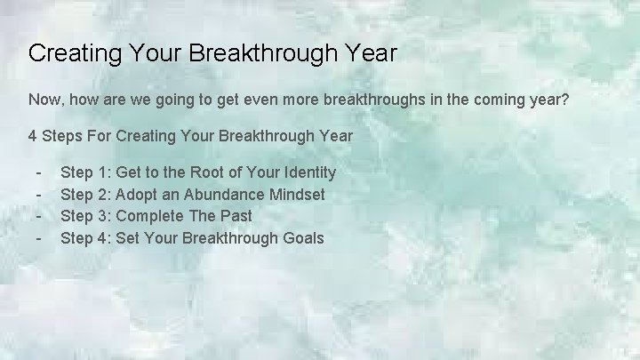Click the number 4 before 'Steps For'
33,137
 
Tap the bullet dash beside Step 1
39,172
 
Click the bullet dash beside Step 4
39,238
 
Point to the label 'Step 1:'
85,172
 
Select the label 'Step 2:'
85,194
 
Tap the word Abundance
214,194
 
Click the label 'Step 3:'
85,216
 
